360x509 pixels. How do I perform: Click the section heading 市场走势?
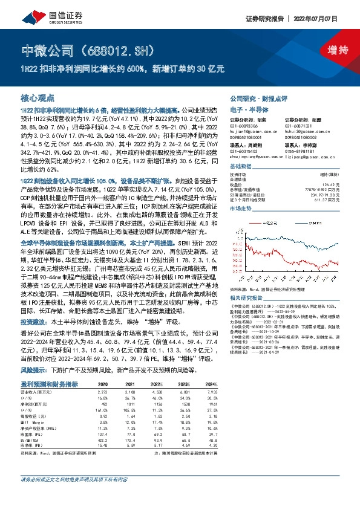pos(243,207)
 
